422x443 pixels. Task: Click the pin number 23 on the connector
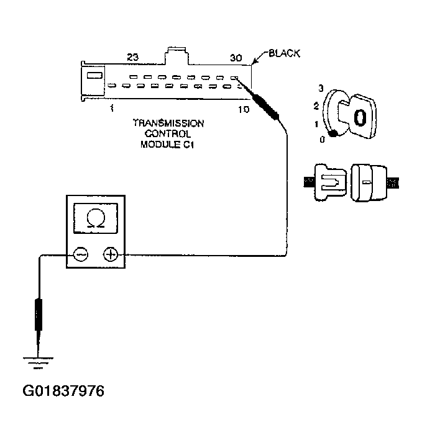(x=132, y=58)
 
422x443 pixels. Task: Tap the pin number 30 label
(x=236, y=58)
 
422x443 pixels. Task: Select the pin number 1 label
(x=111, y=108)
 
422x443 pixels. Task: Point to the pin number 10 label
(x=243, y=109)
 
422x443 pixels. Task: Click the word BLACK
(x=284, y=54)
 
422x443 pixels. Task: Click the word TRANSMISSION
(x=168, y=123)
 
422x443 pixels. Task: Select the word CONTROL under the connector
(x=168, y=134)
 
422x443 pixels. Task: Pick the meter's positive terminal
(x=111, y=254)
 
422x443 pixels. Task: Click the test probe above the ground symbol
(x=39, y=316)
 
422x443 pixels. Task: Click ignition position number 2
(x=316, y=106)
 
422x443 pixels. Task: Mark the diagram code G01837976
(x=63, y=392)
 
